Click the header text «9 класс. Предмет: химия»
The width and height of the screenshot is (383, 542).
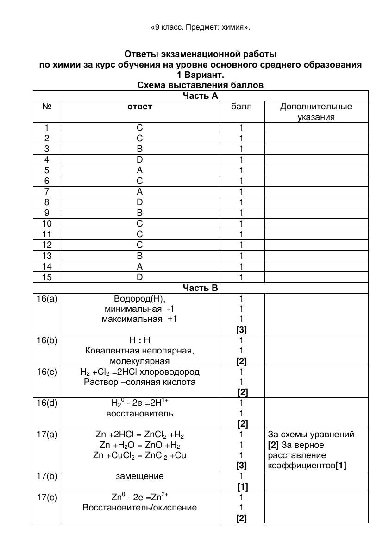(x=201, y=27)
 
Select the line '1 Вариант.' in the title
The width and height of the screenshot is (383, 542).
(x=201, y=75)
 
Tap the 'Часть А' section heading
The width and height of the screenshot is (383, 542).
(x=201, y=96)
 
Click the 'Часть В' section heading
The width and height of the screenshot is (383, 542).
(x=201, y=288)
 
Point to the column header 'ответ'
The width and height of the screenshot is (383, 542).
(x=139, y=107)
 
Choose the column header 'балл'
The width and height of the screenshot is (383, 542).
(x=241, y=107)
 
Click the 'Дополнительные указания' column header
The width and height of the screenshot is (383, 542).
(x=316, y=112)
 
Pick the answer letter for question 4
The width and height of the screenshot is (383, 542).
(x=139, y=160)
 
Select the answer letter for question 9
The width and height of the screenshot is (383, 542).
(x=139, y=213)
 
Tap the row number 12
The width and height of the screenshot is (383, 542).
(x=47, y=245)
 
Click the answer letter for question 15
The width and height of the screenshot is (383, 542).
(x=139, y=277)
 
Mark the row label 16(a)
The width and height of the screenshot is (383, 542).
(x=47, y=299)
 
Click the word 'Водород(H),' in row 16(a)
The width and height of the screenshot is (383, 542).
(x=139, y=299)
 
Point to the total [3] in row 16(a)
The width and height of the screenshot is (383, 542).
(x=241, y=330)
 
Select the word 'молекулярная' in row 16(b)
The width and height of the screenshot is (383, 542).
(x=139, y=361)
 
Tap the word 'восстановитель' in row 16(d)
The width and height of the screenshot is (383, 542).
(x=139, y=413)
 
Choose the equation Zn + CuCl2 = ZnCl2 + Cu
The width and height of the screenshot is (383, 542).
(x=139, y=455)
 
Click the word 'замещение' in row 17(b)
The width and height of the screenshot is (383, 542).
(x=139, y=476)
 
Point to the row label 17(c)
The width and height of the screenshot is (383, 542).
(x=47, y=498)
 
